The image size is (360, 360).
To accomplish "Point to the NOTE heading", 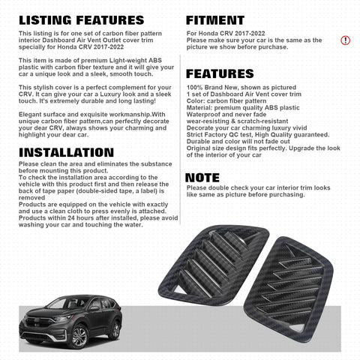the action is (x=202, y=177).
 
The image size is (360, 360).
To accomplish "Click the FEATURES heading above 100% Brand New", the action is (x=220, y=73).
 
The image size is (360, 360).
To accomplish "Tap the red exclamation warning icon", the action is (x=345, y=40).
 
